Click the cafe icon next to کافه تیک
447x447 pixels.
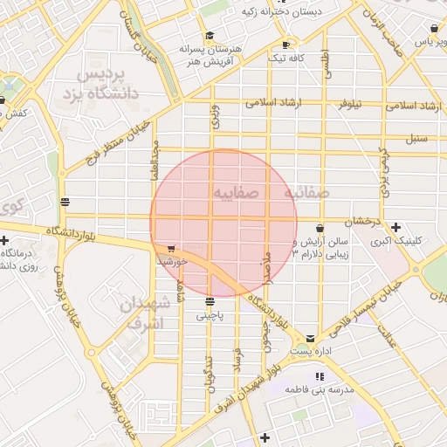285,45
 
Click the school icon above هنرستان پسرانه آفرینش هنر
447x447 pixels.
209,36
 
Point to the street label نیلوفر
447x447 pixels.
351,104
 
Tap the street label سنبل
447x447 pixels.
416,138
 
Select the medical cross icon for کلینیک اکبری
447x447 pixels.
396,227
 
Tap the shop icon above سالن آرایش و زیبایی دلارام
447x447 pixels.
320,229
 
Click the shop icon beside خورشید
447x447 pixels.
169,249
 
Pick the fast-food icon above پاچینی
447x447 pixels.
210,302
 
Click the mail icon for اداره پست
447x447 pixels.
311,338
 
